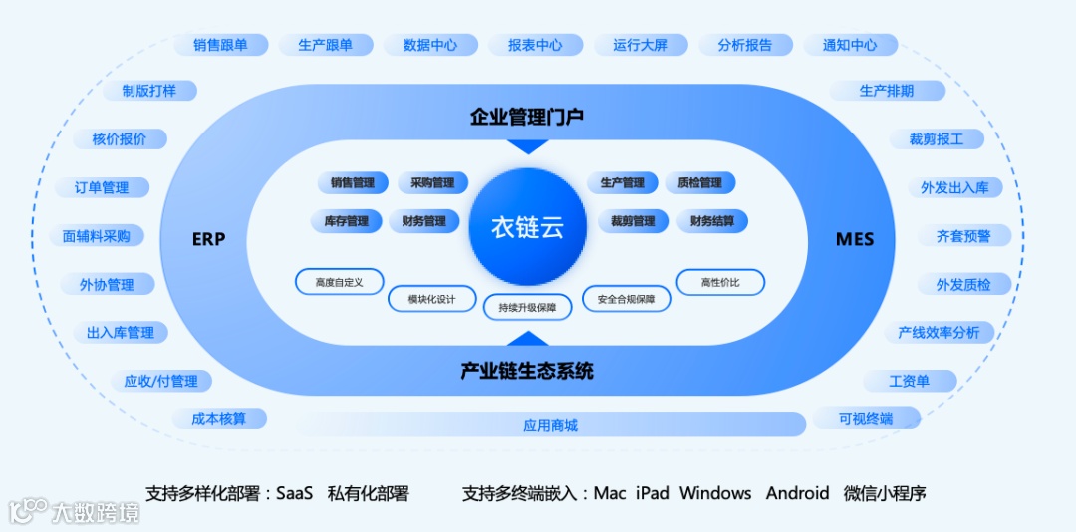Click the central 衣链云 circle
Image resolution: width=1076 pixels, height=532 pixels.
pos(527,227)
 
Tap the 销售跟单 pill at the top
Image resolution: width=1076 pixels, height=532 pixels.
pos(220,45)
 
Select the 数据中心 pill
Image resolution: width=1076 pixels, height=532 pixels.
pos(430,45)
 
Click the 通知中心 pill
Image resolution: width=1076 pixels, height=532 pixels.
pos(850,45)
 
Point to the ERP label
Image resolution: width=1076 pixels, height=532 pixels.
pos(208,239)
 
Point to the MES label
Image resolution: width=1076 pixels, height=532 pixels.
pos(855,239)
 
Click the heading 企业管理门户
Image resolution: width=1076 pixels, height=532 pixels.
pos(527,117)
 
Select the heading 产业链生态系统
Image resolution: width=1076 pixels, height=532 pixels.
pos(527,371)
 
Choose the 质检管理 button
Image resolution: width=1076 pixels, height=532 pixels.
pos(699,183)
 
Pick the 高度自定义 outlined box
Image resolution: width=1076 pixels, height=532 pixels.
pos(339,282)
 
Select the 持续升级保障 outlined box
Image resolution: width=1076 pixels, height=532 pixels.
pos(528,308)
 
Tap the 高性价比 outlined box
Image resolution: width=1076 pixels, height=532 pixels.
pos(720,282)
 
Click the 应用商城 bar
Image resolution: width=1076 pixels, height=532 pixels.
pos(550,425)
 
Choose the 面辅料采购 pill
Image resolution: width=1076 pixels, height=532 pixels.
pos(97,236)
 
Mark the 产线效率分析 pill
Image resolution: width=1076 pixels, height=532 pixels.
pos(939,332)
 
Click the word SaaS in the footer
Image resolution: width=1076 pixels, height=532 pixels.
pos(294,493)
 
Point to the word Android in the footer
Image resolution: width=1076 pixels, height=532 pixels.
pos(797,493)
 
